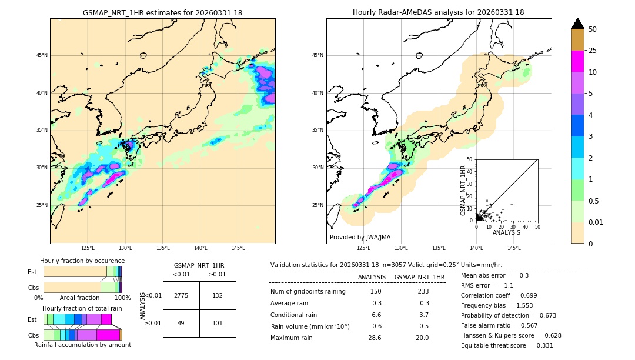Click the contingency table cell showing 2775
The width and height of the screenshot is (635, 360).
[x=181, y=295]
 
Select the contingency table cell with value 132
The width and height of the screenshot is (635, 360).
[x=218, y=295]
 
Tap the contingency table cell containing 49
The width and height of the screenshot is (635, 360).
[x=181, y=323]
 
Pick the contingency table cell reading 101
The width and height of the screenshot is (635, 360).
[x=218, y=323]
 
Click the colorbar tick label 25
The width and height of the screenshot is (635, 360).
[x=593, y=51]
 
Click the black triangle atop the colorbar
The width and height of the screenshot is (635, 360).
[x=578, y=24]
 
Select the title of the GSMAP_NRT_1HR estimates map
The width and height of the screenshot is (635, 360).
[x=162, y=12]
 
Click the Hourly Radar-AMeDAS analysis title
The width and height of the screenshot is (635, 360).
[x=439, y=12]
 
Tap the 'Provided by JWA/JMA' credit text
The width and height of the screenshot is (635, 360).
[x=360, y=237]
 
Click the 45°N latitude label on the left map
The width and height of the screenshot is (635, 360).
[x=41, y=55]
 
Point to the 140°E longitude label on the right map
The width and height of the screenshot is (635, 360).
[x=476, y=248]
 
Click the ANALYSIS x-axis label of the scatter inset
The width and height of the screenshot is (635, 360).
[x=506, y=232]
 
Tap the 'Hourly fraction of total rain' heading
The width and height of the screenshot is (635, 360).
[x=82, y=308]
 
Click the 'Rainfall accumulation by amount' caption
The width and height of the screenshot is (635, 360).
[x=82, y=345]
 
